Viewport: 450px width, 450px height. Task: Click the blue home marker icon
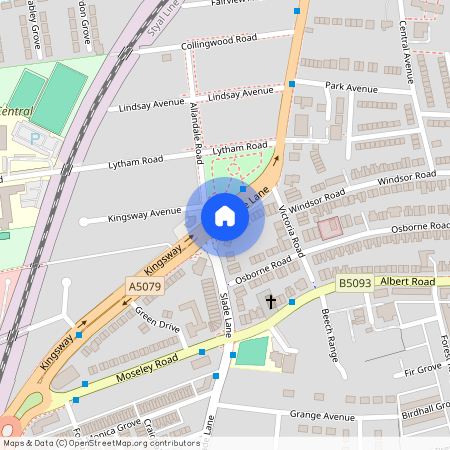[225, 217]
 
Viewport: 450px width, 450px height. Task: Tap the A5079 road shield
[144, 286]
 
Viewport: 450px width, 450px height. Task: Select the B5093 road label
[354, 284]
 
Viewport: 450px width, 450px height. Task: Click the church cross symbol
[269, 300]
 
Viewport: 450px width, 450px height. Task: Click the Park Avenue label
[349, 87]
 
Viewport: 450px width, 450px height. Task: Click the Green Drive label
[158, 324]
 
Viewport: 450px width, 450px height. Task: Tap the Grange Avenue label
[322, 416]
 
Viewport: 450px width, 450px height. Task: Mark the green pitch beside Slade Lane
[252, 351]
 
